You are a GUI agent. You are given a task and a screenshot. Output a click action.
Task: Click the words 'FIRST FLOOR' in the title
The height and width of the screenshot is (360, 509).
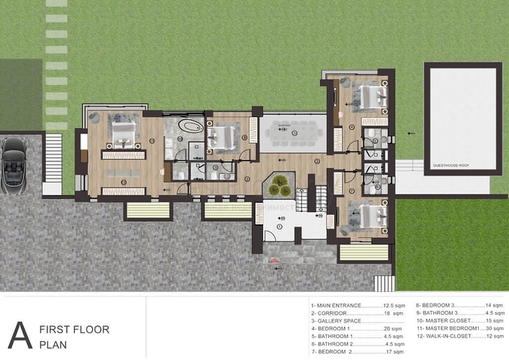click(73, 329)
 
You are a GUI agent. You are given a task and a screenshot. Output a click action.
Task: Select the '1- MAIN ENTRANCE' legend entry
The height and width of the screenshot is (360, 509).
click(335, 306)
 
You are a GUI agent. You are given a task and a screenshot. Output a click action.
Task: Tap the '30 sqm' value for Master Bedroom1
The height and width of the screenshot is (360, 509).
click(494, 328)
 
